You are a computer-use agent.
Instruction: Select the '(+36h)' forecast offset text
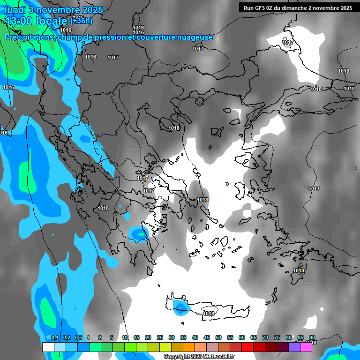(x=81, y=21)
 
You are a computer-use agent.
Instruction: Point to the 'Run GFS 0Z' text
(x=260, y=7)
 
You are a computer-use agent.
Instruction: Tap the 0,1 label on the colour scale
(x=55, y=337)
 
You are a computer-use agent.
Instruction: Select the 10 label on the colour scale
(x=125, y=337)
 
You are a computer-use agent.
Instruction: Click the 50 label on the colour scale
(x=218, y=337)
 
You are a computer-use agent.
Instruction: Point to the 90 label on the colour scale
(x=312, y=337)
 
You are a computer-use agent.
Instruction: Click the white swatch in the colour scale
(x=48, y=347)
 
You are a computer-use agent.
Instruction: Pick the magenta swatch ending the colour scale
(x=306, y=347)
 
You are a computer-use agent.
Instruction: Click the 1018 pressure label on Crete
(x=209, y=314)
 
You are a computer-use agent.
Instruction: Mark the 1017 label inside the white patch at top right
(x=288, y=43)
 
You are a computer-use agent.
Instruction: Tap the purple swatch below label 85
(x=294, y=347)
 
